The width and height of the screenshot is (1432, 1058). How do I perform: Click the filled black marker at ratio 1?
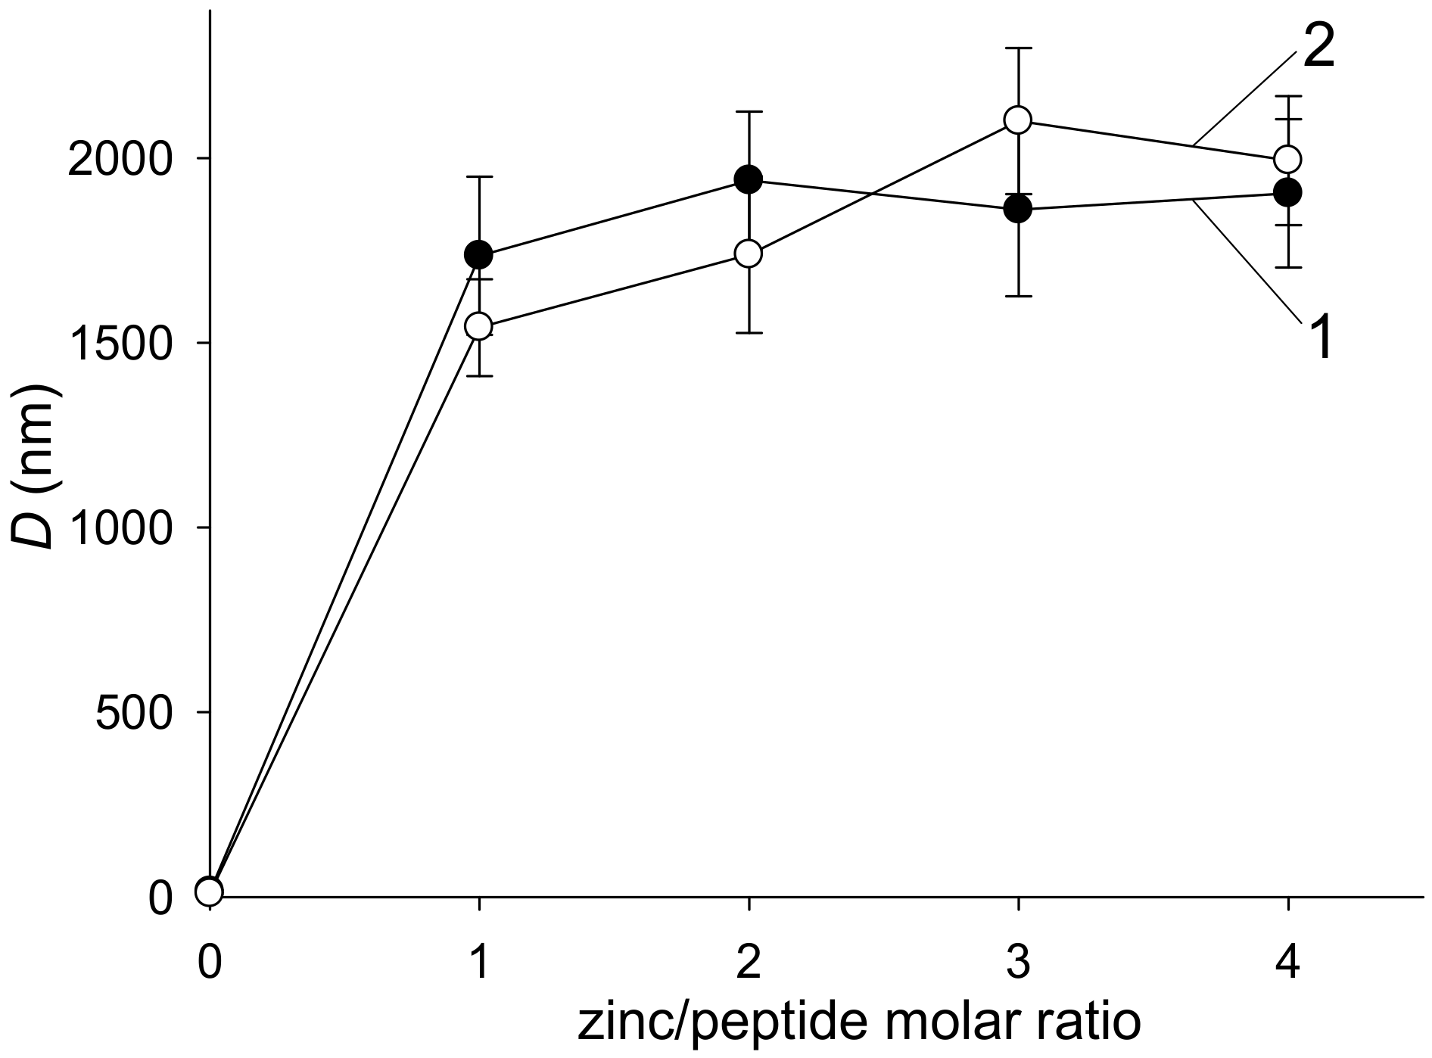click(478, 254)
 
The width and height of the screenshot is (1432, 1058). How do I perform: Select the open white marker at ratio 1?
click(478, 327)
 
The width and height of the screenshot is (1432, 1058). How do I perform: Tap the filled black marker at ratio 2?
click(749, 179)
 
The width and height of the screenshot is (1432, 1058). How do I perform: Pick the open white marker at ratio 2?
click(749, 254)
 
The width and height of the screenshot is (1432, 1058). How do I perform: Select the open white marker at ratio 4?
click(1287, 159)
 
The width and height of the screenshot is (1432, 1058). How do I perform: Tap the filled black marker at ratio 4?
click(1287, 192)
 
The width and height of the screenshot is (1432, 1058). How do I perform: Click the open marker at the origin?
click(209, 892)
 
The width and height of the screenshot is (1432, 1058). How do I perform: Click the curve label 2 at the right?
click(1318, 50)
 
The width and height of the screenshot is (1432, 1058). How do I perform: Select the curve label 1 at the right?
click(1321, 338)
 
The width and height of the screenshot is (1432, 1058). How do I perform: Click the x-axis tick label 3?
click(1019, 965)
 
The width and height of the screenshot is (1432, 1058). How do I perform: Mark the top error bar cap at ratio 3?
click(1019, 48)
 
